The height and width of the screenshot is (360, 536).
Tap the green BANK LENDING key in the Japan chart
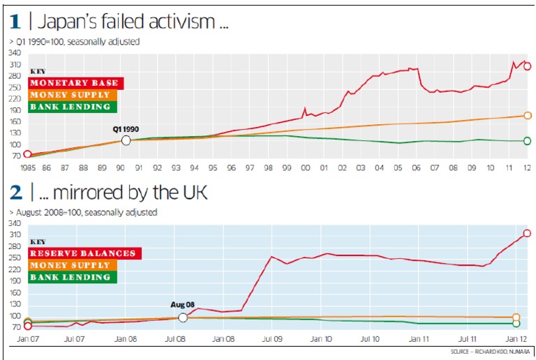click(73, 107)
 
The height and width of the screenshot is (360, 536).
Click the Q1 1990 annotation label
click(126, 129)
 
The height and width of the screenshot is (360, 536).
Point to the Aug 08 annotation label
click(183, 305)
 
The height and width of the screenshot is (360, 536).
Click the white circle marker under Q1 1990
click(126, 140)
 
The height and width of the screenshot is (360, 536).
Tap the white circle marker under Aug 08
click(183, 317)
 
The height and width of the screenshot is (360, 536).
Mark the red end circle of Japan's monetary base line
click(528, 66)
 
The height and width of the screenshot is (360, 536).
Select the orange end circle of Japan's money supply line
click(528, 116)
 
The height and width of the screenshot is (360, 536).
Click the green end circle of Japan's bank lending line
click(528, 141)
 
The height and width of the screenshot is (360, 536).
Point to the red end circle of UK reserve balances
click(527, 233)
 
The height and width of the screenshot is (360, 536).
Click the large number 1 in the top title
click(15, 22)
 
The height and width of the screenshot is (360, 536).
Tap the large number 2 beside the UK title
click(15, 192)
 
